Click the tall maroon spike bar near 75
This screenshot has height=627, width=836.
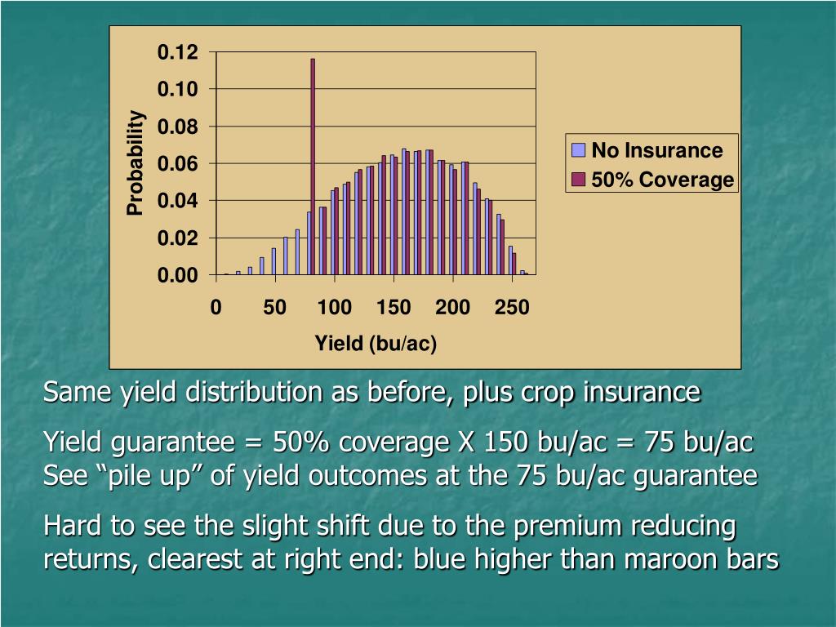[x=313, y=167]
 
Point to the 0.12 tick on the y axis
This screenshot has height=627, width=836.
[x=178, y=53]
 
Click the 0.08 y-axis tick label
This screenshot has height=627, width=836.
[x=178, y=127]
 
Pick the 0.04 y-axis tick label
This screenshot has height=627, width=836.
[x=178, y=201]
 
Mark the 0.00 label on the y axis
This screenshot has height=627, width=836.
[x=178, y=275]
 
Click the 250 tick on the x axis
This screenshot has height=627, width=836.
[x=512, y=308]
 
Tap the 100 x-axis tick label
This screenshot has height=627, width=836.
[x=334, y=308]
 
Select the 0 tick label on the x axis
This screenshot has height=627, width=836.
[x=216, y=308]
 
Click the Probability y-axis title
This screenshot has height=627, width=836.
[x=136, y=163]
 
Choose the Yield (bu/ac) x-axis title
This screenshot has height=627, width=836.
[x=376, y=344]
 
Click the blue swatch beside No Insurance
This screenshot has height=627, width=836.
[x=579, y=150]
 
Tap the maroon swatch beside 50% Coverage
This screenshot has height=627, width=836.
[x=579, y=180]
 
